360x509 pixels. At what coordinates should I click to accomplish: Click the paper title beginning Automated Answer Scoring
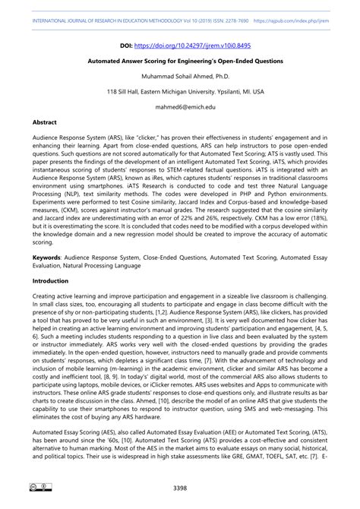[179, 60]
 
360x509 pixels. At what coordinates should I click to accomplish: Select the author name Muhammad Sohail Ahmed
[179, 76]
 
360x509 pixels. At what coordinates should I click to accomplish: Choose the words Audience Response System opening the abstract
[65, 138]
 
